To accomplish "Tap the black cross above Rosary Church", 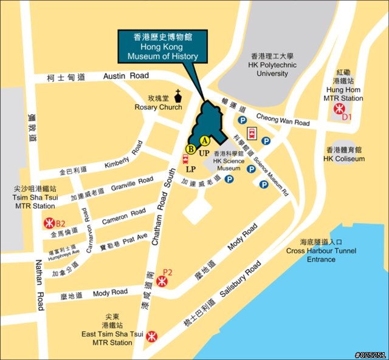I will pyautogui.click(x=179, y=95).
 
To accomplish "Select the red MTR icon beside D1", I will pyautogui.click(x=338, y=110).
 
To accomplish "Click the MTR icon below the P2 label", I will pyautogui.click(x=162, y=281).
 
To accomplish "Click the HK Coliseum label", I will pyautogui.click(x=344, y=159).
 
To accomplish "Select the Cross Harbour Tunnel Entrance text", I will pyautogui.click(x=321, y=255).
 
